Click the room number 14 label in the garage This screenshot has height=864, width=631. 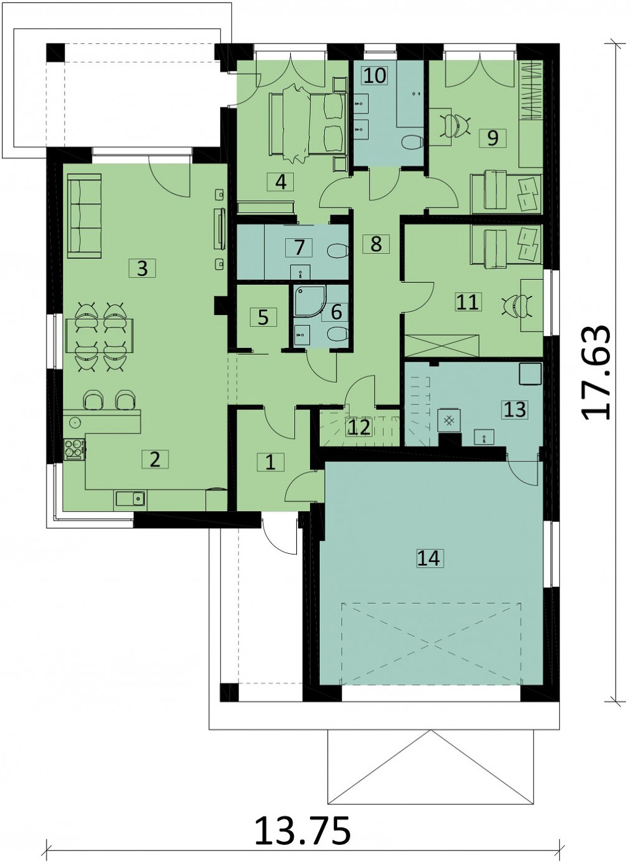(x=428, y=558)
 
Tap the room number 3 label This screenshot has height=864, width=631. (x=143, y=269)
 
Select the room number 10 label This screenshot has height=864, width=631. (x=374, y=75)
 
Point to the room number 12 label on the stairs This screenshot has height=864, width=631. (x=359, y=427)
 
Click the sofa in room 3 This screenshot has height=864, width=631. (x=84, y=215)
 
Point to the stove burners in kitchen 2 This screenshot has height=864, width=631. (x=74, y=448)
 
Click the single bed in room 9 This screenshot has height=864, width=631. (x=506, y=191)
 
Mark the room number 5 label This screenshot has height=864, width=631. (x=263, y=317)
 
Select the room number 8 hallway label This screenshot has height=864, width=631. (x=376, y=244)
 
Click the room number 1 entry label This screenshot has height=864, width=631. (x=270, y=462)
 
